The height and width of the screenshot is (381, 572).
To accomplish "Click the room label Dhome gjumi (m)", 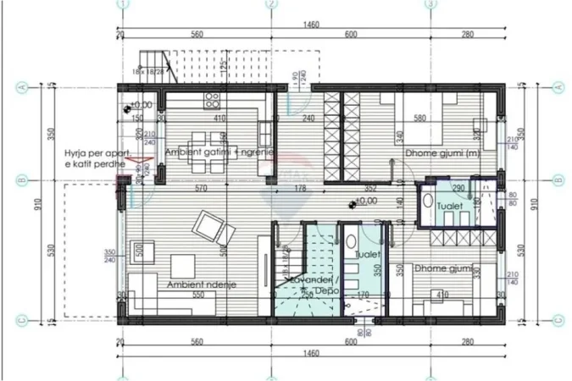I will point(437,153).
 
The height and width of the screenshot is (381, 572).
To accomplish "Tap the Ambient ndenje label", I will point(202,285).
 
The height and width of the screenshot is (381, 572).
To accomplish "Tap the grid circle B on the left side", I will point(23,179).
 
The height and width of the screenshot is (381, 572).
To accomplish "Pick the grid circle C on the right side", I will point(558,319).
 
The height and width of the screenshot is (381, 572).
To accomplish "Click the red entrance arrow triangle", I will point(147,158).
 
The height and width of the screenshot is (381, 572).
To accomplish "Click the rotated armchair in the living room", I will point(208,226).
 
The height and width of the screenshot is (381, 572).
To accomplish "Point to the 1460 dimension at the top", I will point(310,25).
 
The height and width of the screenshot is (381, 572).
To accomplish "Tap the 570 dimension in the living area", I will point(200,188).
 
